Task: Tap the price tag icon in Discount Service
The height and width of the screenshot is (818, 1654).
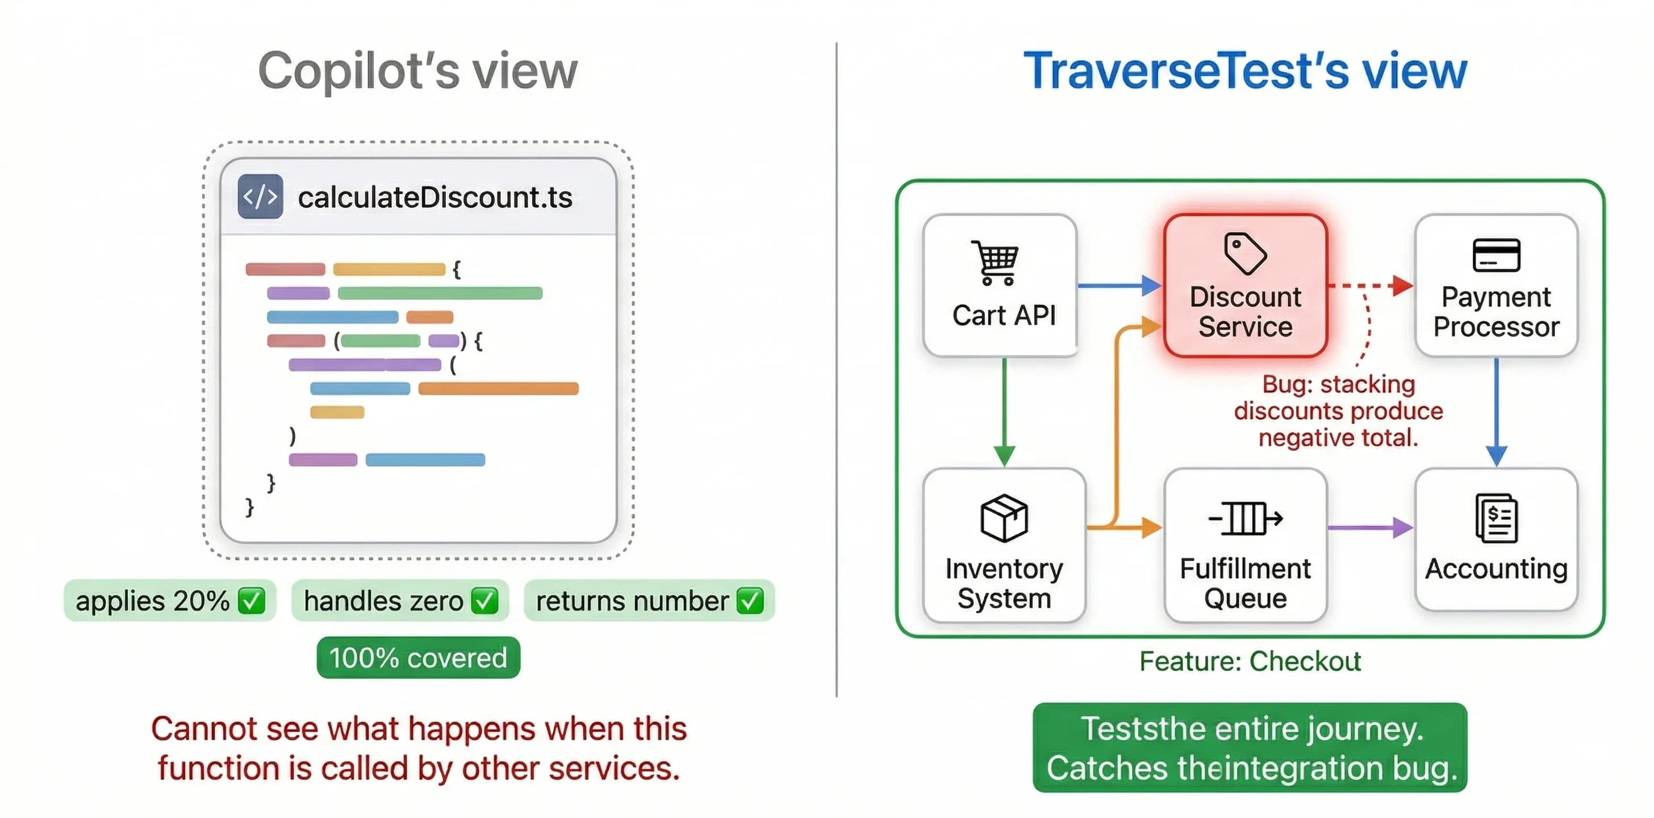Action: click(1245, 253)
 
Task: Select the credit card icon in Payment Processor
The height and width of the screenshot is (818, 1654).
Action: click(1496, 255)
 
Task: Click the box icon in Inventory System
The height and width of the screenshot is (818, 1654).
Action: click(1004, 518)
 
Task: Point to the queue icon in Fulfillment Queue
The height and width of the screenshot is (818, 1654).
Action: click(1245, 518)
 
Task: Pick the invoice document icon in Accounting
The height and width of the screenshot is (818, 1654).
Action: click(1496, 518)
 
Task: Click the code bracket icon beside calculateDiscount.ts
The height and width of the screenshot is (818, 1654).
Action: click(260, 197)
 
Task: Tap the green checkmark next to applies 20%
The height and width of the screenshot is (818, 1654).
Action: click(251, 601)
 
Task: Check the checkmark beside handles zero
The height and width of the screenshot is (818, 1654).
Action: click(484, 601)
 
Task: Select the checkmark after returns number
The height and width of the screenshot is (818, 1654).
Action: click(750, 601)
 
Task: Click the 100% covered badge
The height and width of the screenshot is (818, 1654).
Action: click(418, 657)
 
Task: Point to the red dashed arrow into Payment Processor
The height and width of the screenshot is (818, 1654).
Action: click(1370, 285)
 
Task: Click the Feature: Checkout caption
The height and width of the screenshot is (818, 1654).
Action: click(1250, 661)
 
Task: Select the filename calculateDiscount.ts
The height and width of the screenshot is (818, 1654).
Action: click(435, 197)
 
